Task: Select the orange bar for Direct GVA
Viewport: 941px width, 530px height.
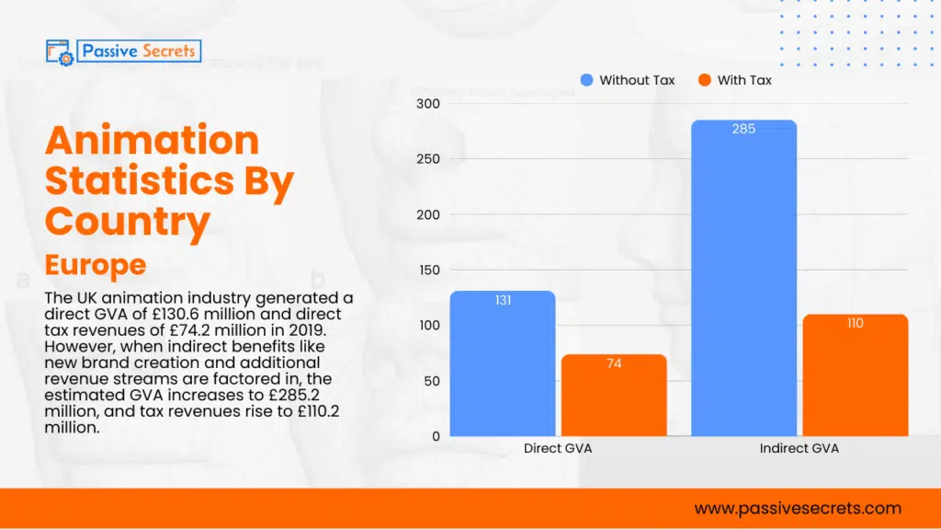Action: [x=614, y=395]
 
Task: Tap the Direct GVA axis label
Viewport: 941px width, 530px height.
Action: [x=558, y=449]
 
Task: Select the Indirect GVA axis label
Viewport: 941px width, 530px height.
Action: [x=799, y=449]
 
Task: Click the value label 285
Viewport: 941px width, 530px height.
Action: [x=743, y=129]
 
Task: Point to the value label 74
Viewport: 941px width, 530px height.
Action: [x=614, y=363]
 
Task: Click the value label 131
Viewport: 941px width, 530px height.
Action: [x=503, y=301]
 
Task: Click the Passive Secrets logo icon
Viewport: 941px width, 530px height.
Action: [x=60, y=52]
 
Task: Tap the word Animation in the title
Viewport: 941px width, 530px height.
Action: [x=152, y=141]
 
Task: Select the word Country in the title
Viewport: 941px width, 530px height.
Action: [x=128, y=221]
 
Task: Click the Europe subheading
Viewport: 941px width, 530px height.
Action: [x=95, y=265]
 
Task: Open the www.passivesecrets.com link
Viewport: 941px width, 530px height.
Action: [x=798, y=508]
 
